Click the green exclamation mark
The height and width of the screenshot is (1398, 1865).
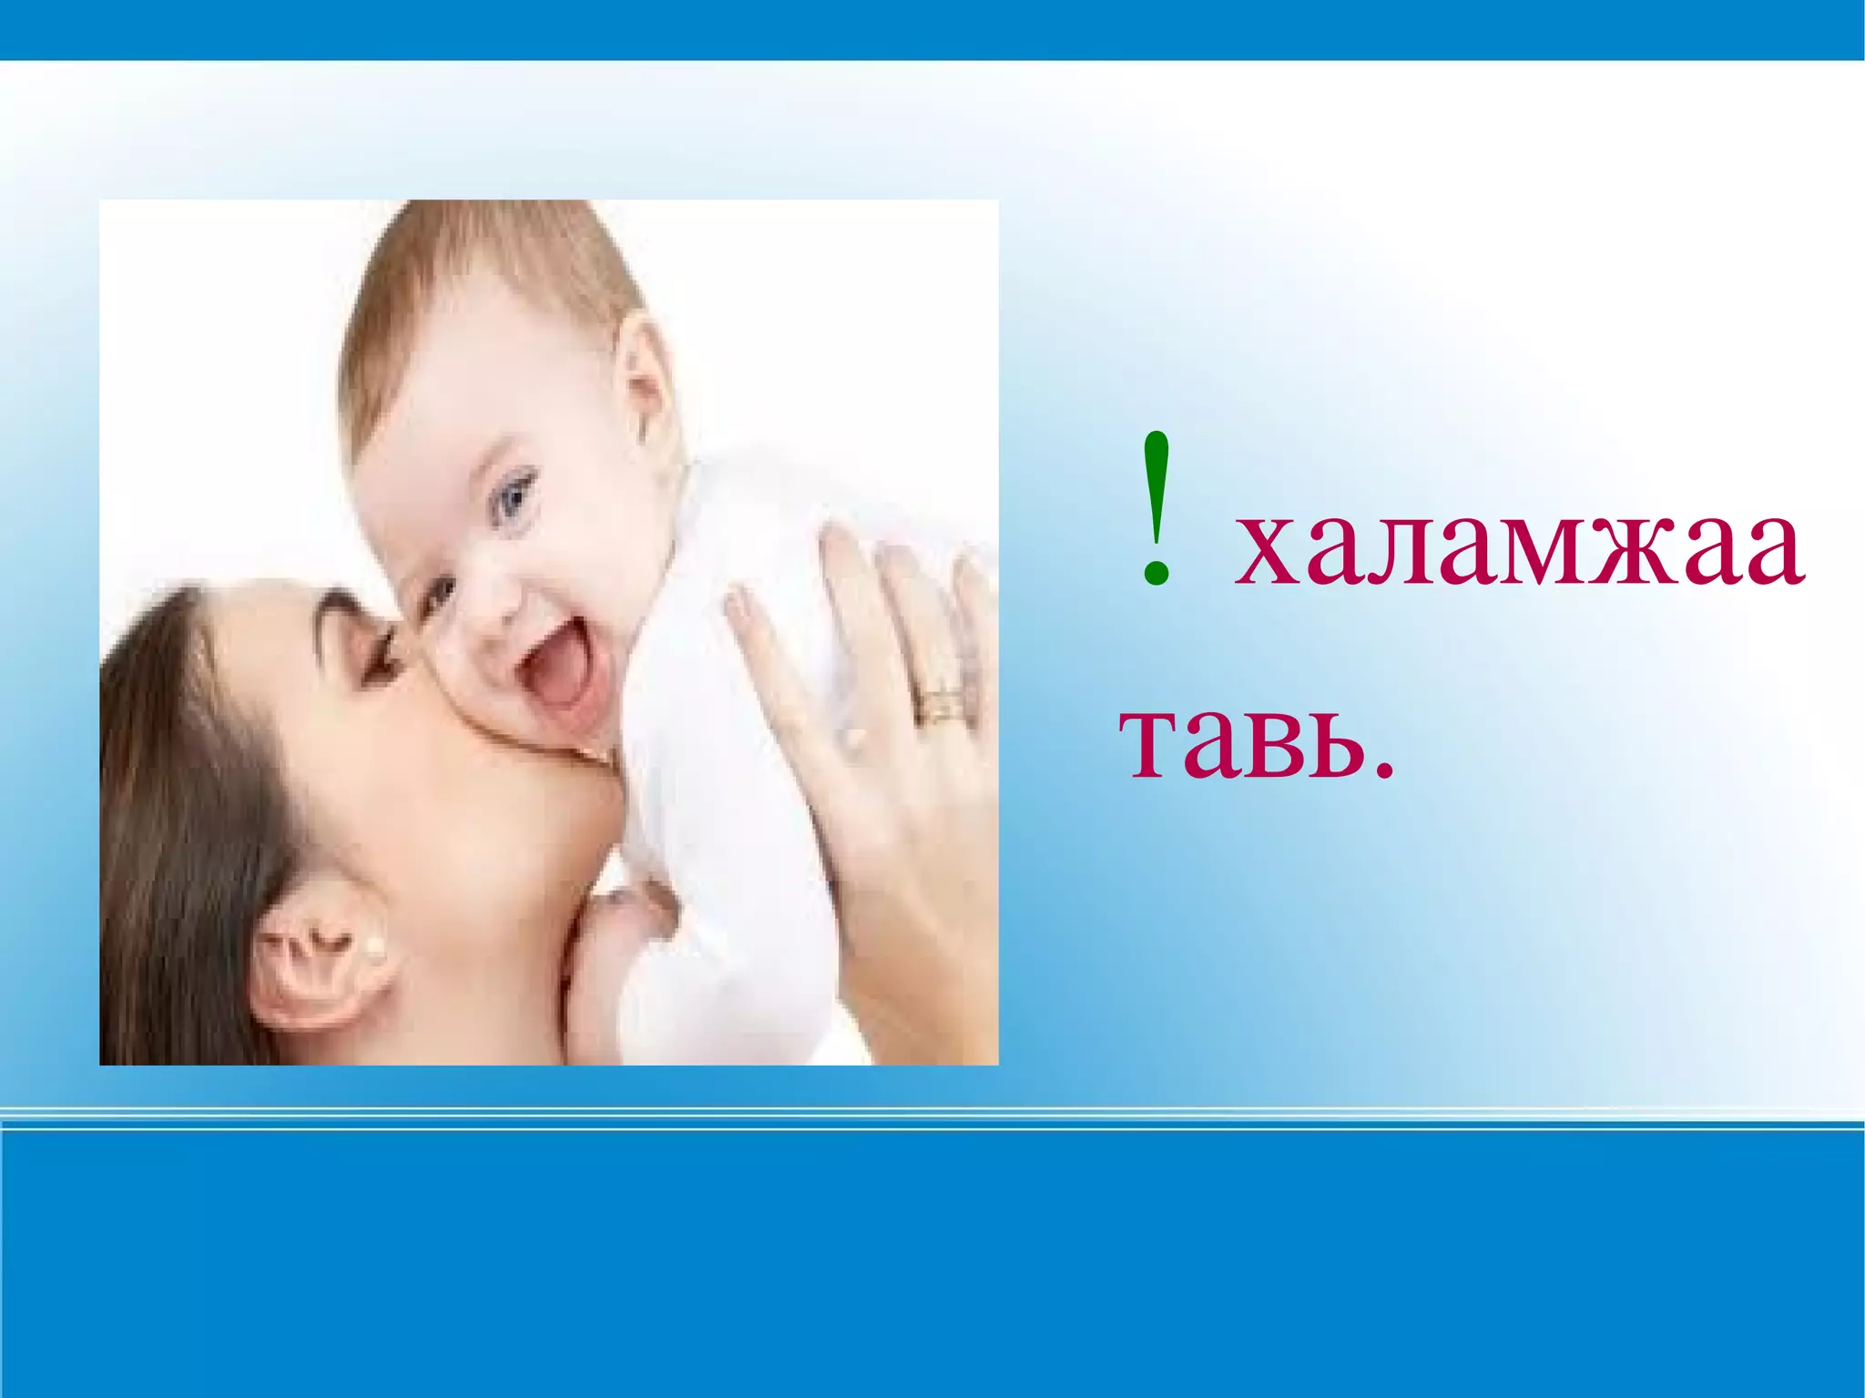point(1156,510)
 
